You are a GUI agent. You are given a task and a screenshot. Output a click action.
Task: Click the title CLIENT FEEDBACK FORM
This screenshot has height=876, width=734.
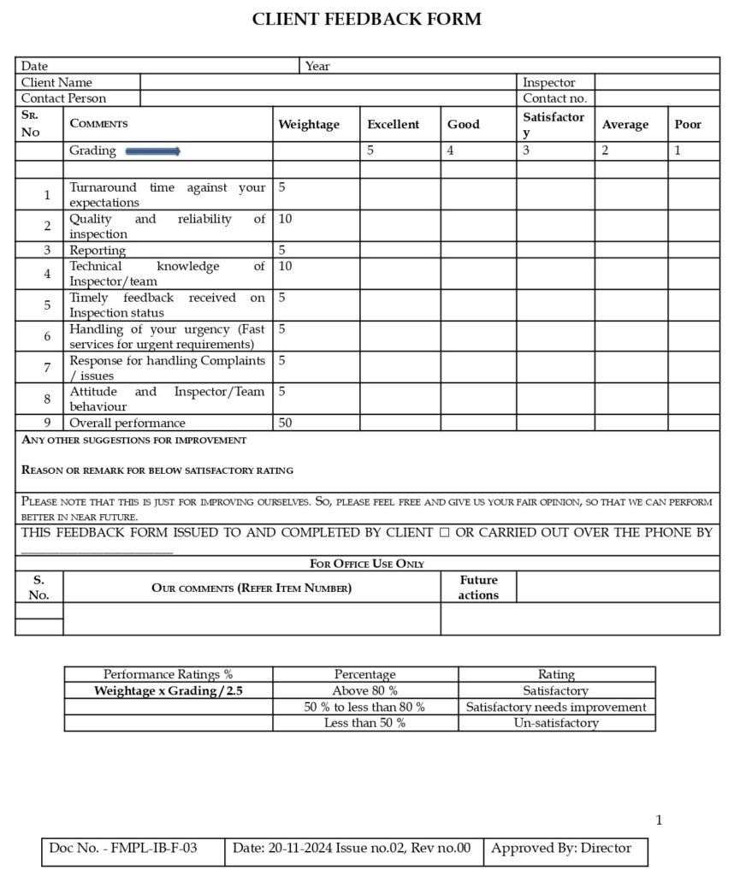click(366, 19)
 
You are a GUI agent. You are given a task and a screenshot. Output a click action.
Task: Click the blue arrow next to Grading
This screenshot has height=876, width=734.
click(153, 151)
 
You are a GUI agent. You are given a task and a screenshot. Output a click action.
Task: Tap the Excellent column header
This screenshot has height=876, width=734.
click(393, 125)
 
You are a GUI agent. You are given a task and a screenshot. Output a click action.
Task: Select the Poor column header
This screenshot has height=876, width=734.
click(688, 125)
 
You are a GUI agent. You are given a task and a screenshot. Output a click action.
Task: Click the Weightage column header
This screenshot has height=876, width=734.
click(309, 125)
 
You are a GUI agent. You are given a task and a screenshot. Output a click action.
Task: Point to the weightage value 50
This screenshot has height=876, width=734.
click(285, 423)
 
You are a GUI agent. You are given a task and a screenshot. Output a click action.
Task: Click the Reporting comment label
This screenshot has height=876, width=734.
click(98, 251)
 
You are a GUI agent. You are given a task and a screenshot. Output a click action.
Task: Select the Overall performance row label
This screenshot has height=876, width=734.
click(127, 423)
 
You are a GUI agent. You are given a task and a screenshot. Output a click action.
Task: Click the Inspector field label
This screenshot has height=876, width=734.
click(548, 82)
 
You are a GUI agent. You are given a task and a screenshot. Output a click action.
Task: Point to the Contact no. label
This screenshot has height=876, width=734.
click(554, 98)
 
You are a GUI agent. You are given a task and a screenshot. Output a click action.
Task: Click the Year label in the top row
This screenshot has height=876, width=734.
click(317, 66)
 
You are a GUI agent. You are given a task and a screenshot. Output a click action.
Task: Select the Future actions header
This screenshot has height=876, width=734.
click(478, 587)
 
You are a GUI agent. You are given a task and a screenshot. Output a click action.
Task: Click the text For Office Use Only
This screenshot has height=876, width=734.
click(367, 564)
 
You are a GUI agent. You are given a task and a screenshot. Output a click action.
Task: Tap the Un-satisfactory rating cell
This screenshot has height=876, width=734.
click(556, 723)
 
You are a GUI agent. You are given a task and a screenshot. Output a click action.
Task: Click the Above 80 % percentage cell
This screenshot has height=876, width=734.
click(364, 690)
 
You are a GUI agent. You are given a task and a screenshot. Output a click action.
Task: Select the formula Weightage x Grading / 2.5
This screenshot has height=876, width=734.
click(169, 690)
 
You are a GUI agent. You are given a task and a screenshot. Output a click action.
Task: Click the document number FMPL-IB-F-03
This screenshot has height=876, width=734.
click(123, 848)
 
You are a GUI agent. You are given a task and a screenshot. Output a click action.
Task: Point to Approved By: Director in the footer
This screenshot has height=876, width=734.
click(561, 848)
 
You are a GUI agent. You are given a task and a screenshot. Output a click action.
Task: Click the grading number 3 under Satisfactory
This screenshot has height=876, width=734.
click(527, 151)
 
